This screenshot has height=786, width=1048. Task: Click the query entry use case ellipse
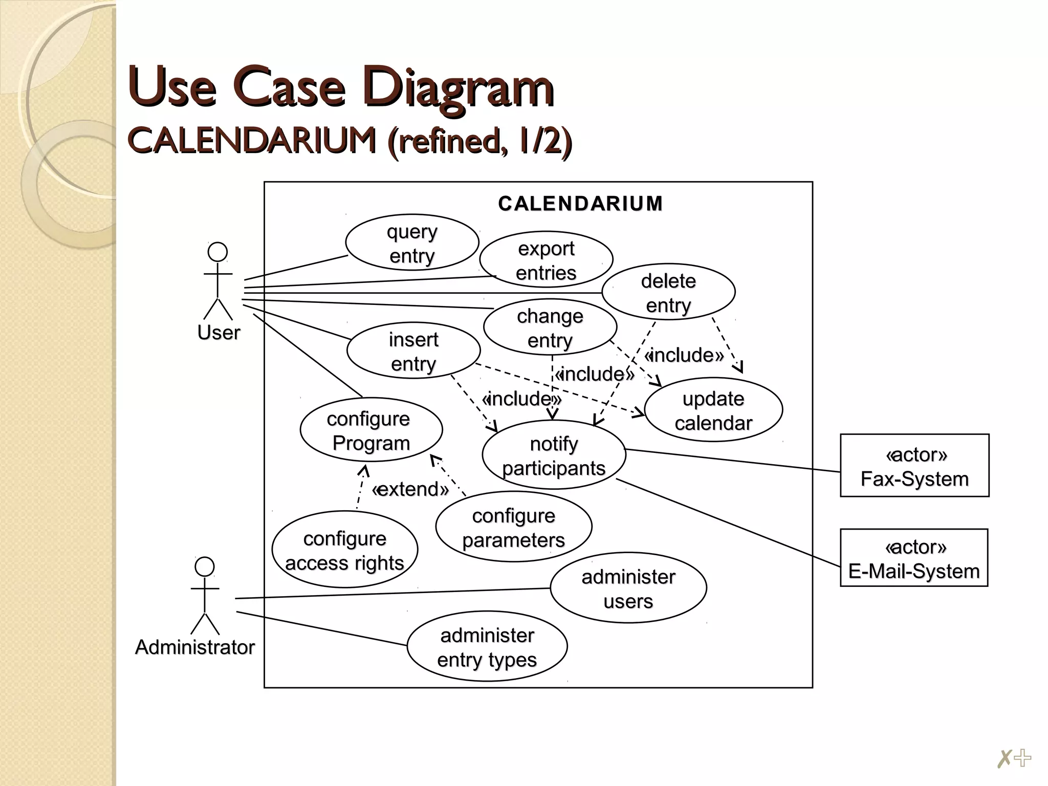tap(412, 243)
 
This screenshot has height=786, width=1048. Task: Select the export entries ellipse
tap(546, 259)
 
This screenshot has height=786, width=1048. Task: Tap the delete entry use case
tap(668, 292)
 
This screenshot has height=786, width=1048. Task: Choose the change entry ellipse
tap(550, 327)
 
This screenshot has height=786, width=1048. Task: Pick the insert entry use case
tap(413, 351)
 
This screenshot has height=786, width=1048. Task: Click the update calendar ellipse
tap(713, 410)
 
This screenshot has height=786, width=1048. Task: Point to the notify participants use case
tap(554, 455)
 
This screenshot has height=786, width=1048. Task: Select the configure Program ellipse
tap(371, 430)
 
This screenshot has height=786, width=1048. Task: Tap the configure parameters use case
tap(514, 527)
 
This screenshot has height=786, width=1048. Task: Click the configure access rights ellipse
tap(345, 550)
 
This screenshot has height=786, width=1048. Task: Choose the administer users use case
tap(628, 588)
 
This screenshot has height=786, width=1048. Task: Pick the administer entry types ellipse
tap(487, 646)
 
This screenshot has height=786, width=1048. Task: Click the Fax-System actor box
tap(914, 466)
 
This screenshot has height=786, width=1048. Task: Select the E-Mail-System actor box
tap(914, 558)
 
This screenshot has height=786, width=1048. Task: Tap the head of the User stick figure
tap(217, 252)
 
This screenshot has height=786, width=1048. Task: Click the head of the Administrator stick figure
tap(205, 567)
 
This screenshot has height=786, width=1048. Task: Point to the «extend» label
tap(410, 489)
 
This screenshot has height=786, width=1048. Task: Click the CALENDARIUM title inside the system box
tap(580, 204)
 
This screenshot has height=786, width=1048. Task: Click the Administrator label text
tap(195, 647)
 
